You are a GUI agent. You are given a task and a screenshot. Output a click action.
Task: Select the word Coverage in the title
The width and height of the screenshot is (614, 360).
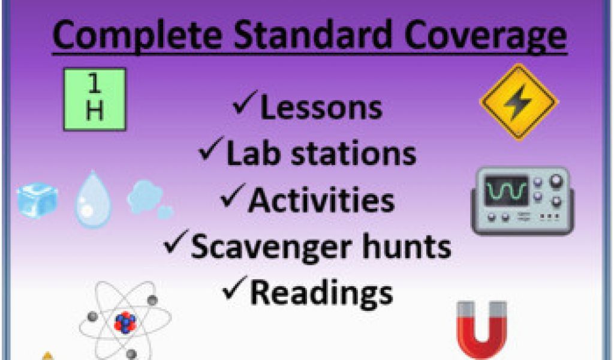(486, 36)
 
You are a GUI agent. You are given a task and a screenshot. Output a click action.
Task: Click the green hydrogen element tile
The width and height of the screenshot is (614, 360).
(95, 99)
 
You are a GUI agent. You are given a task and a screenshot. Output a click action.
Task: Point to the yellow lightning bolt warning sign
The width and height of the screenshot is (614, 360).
(519, 102)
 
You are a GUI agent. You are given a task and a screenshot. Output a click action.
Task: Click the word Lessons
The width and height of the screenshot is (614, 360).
(321, 107)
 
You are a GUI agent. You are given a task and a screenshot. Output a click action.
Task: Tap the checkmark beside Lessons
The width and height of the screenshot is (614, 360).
(245, 102)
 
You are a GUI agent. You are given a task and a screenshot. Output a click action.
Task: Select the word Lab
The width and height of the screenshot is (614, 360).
(253, 153)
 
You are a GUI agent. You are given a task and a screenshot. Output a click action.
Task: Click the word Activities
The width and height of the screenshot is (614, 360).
(321, 200)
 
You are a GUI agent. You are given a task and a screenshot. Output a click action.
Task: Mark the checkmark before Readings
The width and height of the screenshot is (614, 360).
(234, 288)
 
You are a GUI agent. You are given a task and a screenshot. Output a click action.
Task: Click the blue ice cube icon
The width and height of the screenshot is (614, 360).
(37, 200)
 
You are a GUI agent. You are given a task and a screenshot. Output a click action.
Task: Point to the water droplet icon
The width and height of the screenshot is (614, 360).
(93, 199)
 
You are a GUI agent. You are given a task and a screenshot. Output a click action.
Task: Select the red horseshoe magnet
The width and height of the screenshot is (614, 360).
(482, 329)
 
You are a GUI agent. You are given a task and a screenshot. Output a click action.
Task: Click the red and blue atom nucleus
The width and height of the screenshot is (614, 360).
(125, 322)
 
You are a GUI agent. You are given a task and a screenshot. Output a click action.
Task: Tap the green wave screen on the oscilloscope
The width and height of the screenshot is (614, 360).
(505, 191)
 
